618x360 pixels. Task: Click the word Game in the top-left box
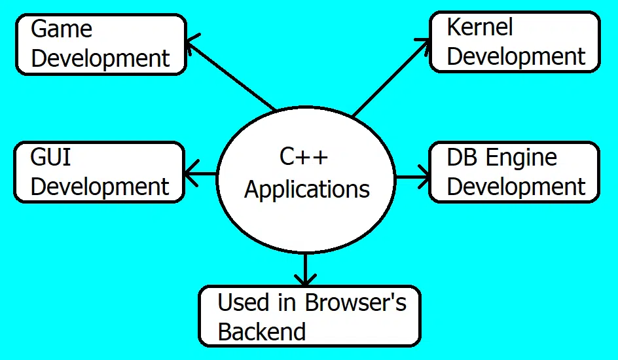pyautogui.click(x=62, y=29)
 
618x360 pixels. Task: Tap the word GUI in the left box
pyautogui.click(x=51, y=158)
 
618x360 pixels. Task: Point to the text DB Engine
pyautogui.click(x=501, y=158)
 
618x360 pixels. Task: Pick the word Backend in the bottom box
pyautogui.click(x=262, y=332)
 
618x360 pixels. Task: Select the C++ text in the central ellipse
pyautogui.click(x=304, y=158)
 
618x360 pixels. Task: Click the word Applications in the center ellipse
pyautogui.click(x=306, y=190)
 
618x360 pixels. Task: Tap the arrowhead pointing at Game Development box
pyautogui.click(x=191, y=44)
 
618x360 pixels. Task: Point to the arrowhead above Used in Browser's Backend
pyautogui.click(x=305, y=279)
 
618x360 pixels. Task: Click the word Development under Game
pyautogui.click(x=100, y=58)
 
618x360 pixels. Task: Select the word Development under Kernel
pyautogui.click(x=516, y=57)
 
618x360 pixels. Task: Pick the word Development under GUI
pyautogui.click(x=100, y=187)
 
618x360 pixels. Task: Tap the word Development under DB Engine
pyautogui.click(x=516, y=187)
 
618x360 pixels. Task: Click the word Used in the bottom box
pyautogui.click(x=244, y=303)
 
